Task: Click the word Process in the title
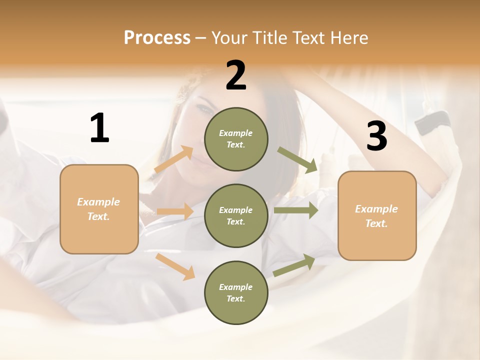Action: click(157, 38)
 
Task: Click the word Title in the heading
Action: click(268, 38)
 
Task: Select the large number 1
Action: click(99, 128)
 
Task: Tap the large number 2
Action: click(236, 76)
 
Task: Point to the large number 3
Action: click(376, 136)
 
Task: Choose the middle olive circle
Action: click(236, 215)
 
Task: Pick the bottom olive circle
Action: click(236, 292)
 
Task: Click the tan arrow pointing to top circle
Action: click(174, 159)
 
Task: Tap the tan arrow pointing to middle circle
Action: click(175, 211)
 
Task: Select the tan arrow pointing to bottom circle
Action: click(175, 266)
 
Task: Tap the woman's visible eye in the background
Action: click(205, 109)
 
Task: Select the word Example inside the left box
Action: click(98, 202)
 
